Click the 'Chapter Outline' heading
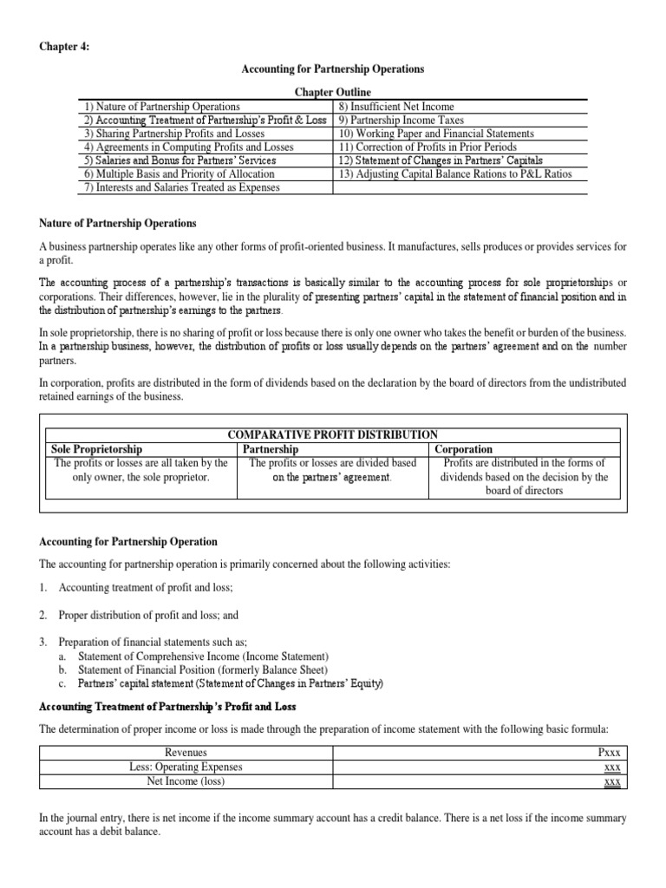coord(333,92)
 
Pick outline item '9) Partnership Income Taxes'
coord(401,120)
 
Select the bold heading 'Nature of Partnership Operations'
coord(118,225)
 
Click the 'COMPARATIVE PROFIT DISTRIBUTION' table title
coord(332,434)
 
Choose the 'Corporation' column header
coord(464,449)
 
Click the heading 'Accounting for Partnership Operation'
coord(128,542)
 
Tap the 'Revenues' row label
coord(186,753)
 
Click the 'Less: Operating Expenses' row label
coord(186,767)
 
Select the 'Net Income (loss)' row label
coord(186,780)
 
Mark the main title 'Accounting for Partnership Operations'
coord(332,69)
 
